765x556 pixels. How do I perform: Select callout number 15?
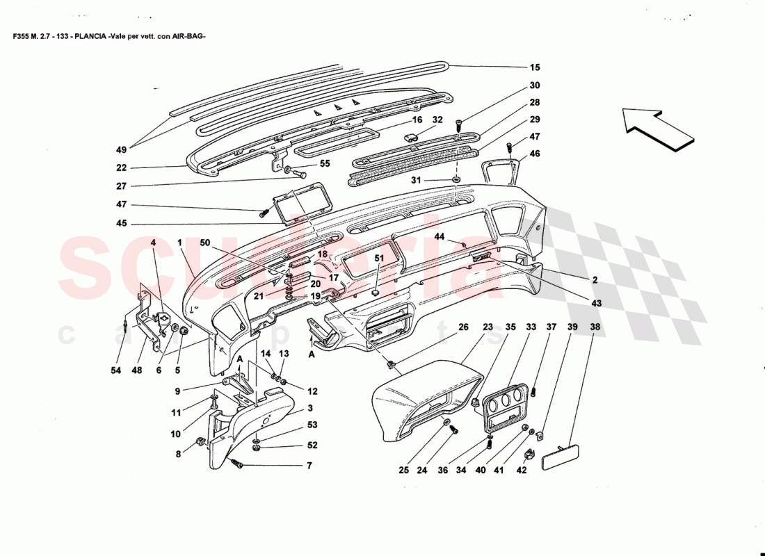534,67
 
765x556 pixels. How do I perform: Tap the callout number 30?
534,86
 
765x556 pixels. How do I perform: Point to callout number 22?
122,167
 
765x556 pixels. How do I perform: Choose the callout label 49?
122,149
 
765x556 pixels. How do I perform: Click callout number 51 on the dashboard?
379,259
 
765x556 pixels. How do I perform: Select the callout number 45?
122,224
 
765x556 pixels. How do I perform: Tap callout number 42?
522,471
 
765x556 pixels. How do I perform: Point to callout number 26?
464,327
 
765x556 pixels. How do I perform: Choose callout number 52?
312,445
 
